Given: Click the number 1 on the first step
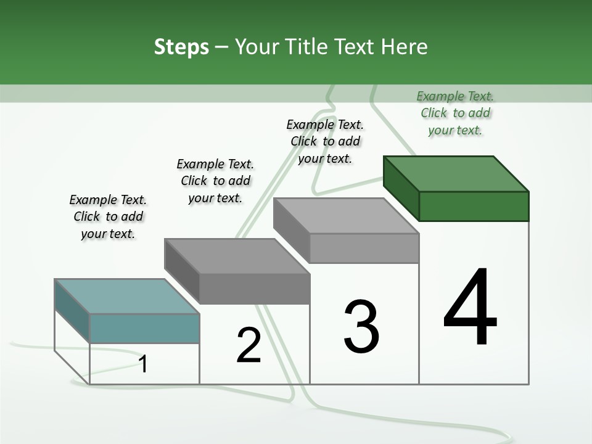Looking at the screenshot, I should coord(143,364).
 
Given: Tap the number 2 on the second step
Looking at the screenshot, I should coord(249,345).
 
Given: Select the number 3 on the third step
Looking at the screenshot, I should coord(361,327).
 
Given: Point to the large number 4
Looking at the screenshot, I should coord(471,308).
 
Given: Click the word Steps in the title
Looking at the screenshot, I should coord(181,47).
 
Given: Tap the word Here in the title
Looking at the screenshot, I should coord(405,47).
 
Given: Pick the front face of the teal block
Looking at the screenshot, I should coord(144,328).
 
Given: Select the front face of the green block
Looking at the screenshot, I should coord(474,206).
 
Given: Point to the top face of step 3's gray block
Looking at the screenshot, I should coord(346,216).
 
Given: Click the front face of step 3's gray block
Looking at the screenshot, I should coord(364,248).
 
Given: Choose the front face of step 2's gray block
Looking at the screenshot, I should coord(254,289).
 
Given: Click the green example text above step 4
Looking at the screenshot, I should coord(455,113).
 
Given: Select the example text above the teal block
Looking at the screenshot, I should coord(108,216).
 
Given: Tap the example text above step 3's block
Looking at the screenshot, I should coord(325,141).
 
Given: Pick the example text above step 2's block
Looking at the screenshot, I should coord(215,181).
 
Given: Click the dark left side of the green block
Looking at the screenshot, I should coord(401,188).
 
